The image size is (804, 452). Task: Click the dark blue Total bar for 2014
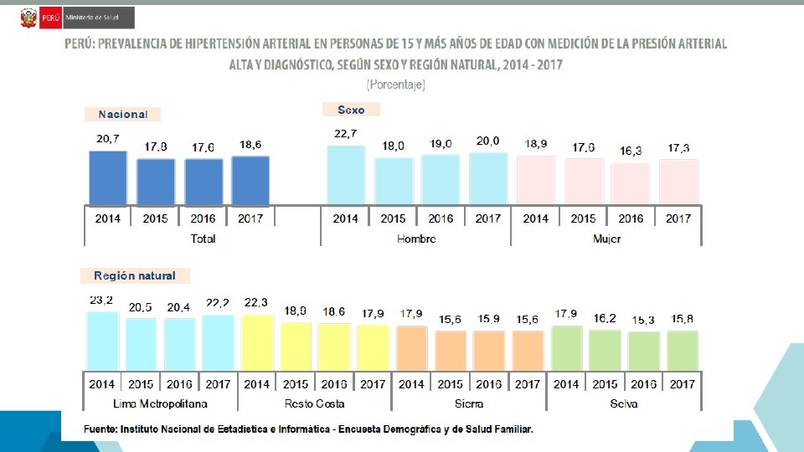108,177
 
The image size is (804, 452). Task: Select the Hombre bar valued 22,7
346,175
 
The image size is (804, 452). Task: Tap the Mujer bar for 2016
631,183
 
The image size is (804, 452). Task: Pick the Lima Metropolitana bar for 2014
102,340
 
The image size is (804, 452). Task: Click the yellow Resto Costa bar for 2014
257,342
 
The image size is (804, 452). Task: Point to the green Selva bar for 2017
683,349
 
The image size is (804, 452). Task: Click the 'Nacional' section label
122,115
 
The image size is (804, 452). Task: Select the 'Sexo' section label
351,110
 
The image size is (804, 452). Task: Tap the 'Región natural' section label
135,275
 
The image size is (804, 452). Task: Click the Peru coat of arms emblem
28,18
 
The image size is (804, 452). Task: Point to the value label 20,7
107,139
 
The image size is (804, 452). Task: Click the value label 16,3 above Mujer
631,152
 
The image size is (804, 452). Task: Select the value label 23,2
102,300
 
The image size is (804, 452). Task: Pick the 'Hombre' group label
416,239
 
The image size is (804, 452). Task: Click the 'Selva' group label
624,403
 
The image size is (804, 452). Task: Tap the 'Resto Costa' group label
315,403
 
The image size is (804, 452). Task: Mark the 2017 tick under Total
250,218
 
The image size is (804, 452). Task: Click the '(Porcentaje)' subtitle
396,85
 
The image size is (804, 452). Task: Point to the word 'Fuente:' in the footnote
100,429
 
